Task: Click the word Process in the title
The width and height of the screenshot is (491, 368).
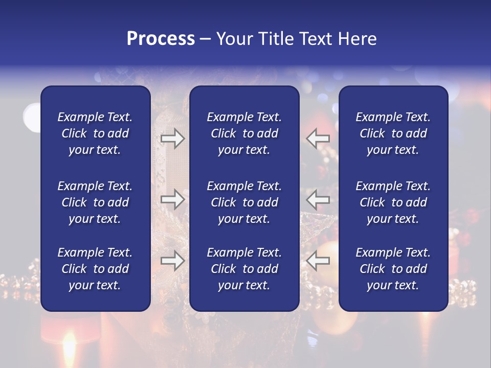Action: pyautogui.click(x=161, y=39)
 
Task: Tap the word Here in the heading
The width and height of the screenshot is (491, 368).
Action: pyautogui.click(x=358, y=39)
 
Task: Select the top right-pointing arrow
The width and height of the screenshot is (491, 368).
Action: pyautogui.click(x=172, y=139)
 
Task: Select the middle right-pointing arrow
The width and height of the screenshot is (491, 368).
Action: pyautogui.click(x=172, y=199)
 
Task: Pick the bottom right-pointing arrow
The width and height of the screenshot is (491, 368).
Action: pyautogui.click(x=172, y=261)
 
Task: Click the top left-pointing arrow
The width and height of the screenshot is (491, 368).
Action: pyautogui.click(x=318, y=139)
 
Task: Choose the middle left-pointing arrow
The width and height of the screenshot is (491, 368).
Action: pyautogui.click(x=318, y=199)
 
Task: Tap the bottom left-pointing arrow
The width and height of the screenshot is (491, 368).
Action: pyautogui.click(x=318, y=261)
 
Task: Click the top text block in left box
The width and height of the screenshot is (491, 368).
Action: pyautogui.click(x=95, y=133)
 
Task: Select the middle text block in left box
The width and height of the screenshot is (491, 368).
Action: pyautogui.click(x=95, y=202)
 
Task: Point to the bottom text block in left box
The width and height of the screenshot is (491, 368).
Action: pyautogui.click(x=95, y=269)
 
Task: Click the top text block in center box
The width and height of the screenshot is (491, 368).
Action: pyautogui.click(x=244, y=133)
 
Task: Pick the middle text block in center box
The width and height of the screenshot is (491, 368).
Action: pyautogui.click(x=244, y=202)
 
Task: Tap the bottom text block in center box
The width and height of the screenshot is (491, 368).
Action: pyautogui.click(x=244, y=269)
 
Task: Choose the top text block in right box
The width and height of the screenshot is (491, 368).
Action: pyautogui.click(x=393, y=133)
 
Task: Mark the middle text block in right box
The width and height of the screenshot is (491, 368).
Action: pyautogui.click(x=393, y=202)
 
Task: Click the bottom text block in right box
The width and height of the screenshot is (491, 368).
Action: pyautogui.click(x=393, y=269)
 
